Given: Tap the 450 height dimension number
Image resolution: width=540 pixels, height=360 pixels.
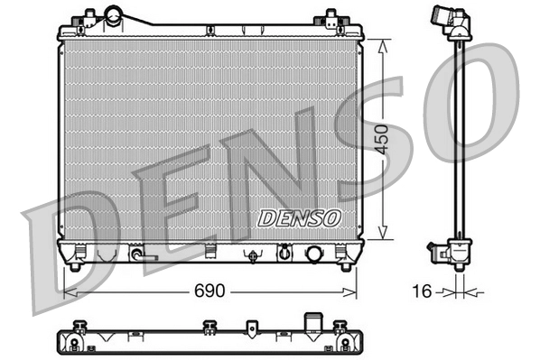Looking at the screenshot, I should click(383, 141).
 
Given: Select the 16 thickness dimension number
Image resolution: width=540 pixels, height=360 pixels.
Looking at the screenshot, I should click(421, 292).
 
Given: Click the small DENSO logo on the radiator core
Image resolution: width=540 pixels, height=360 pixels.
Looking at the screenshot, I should click(298, 217).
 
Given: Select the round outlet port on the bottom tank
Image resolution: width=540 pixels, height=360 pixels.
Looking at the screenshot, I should click(316, 254).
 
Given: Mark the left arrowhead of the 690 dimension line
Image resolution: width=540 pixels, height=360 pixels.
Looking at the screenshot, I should click(66, 292).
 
